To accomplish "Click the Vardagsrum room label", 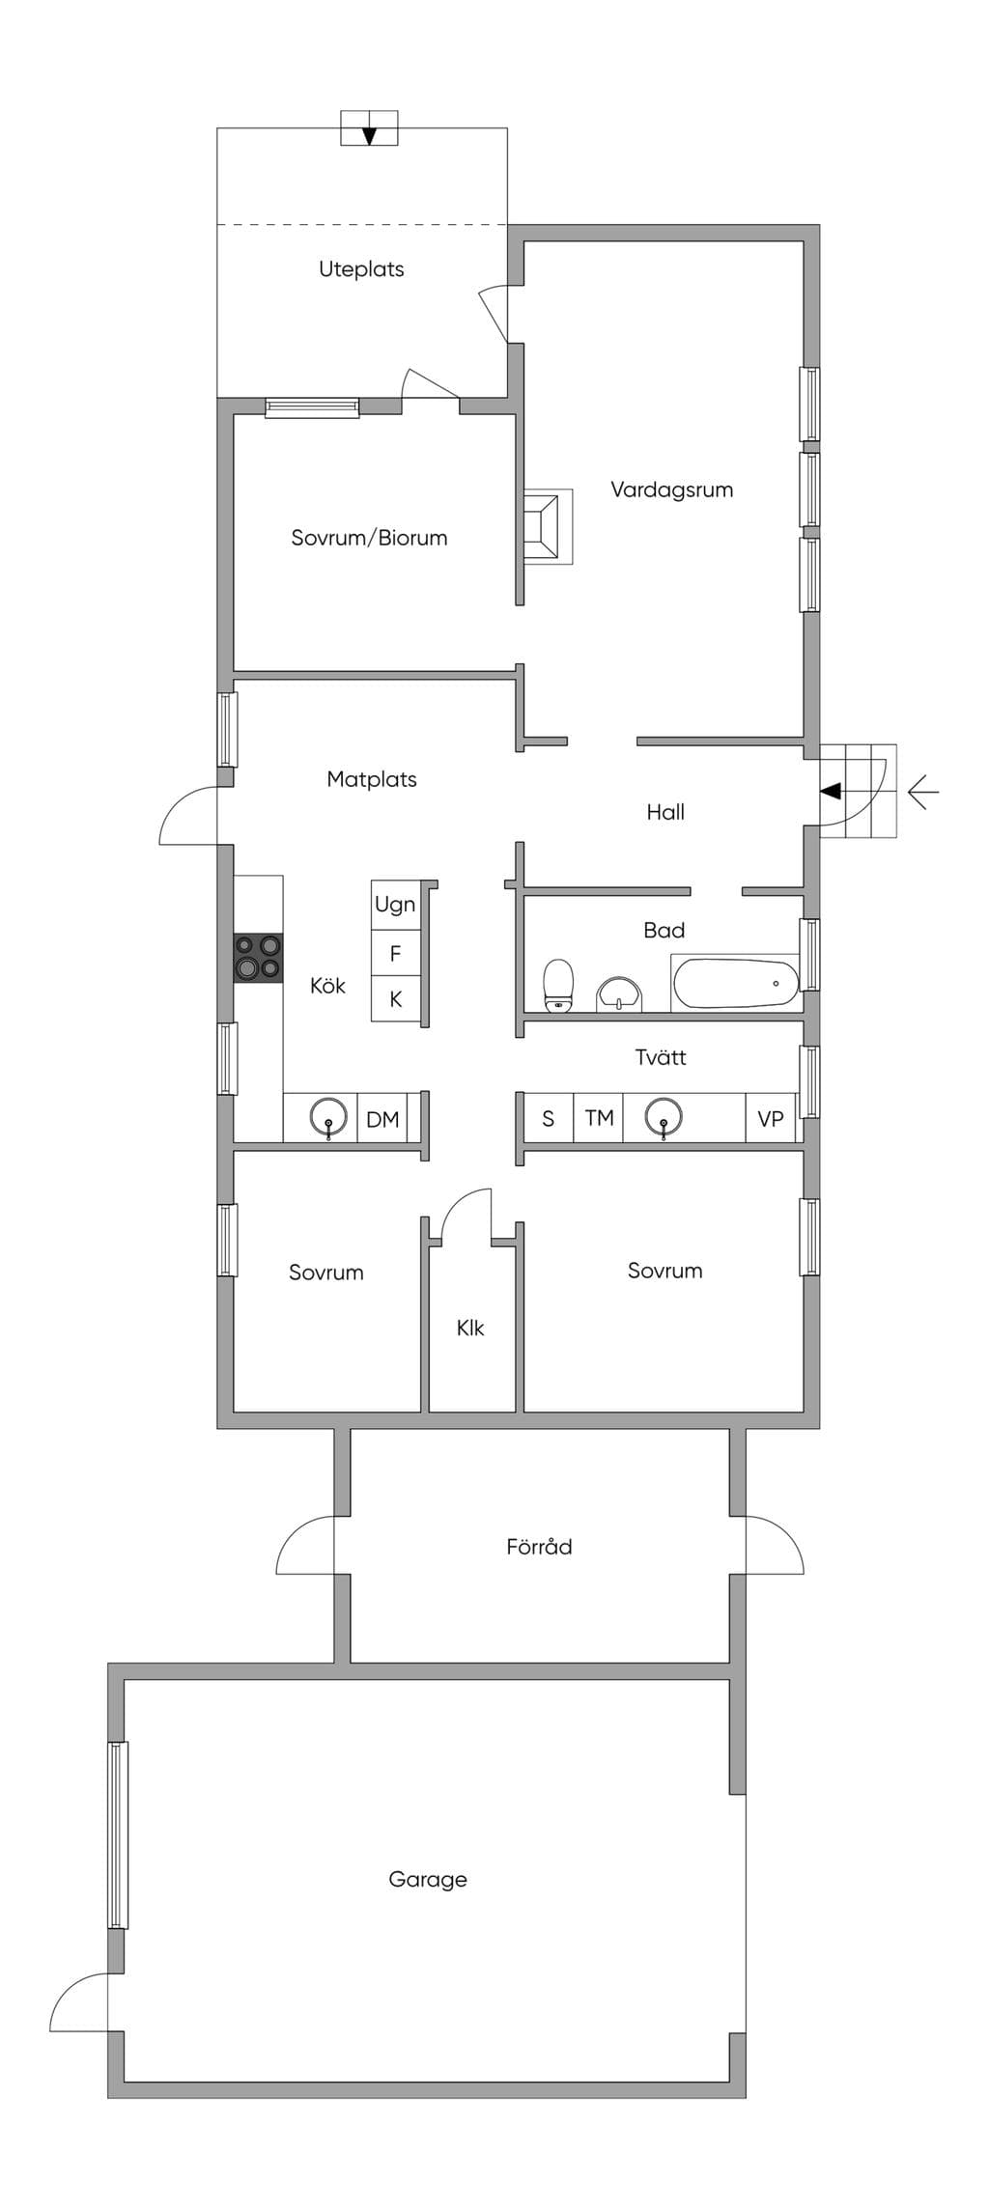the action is [x=671, y=490].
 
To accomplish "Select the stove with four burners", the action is [x=258, y=958].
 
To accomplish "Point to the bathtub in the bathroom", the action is [x=736, y=983].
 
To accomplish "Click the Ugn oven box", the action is [x=395, y=905].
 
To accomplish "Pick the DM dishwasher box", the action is [x=382, y=1119].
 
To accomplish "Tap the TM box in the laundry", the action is [x=599, y=1118].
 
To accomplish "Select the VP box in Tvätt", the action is [x=770, y=1119].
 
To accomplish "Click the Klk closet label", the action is [x=470, y=1328].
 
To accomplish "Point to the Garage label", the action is [x=428, y=1879].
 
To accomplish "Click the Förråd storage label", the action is [x=539, y=1546].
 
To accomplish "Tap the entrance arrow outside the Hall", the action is [x=923, y=793].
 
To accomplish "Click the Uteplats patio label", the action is [x=361, y=269].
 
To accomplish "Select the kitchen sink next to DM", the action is [x=328, y=1118].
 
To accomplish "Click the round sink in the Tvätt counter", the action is [x=664, y=1118].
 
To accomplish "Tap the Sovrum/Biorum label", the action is [x=369, y=538].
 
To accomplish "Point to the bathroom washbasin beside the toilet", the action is [x=618, y=993].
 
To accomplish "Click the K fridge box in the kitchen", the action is [x=395, y=999].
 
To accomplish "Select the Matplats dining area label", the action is [x=372, y=779].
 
